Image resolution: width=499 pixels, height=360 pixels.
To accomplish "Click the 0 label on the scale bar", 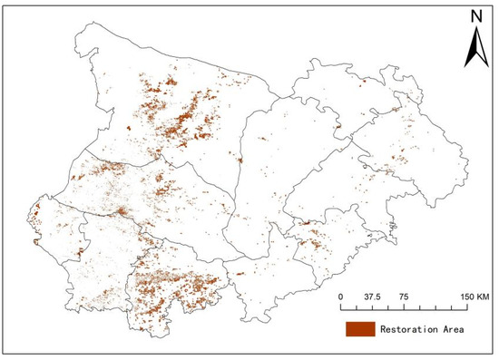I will tap(339, 296).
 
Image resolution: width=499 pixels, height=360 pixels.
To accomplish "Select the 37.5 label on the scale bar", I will tap(371, 296).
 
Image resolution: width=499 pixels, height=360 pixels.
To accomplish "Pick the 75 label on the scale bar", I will tap(403, 296).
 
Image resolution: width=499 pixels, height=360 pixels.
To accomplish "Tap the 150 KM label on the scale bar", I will tap(474, 296).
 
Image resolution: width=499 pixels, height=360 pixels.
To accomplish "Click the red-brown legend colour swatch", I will tap(360, 328).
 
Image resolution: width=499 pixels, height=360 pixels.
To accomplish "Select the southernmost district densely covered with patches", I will tap(177, 286).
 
